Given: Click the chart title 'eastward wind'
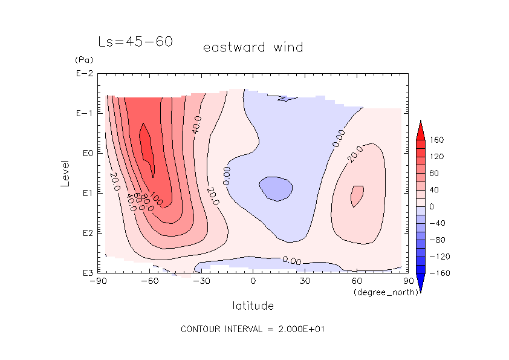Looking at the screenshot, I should pos(253,47).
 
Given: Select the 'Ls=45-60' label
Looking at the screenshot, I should pos(136,42).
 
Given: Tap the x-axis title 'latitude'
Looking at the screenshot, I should pos(253,306).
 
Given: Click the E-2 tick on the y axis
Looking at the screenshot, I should pos(84,74).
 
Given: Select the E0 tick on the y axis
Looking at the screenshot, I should pos(84,153).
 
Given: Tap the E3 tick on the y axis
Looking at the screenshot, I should pos(84,273).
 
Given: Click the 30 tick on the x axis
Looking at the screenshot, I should pos(305,281).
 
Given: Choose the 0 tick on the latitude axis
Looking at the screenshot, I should pos(253,281).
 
